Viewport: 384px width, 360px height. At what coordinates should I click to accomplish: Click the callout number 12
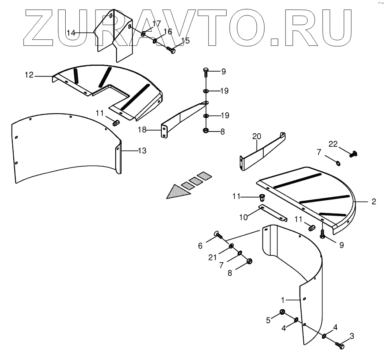[29, 75]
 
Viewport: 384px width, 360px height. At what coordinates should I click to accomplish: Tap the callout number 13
[142, 150]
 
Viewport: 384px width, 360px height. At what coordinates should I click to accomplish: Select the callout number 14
[71, 32]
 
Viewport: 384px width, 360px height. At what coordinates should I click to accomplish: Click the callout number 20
[256, 137]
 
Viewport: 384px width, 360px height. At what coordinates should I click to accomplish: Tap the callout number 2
[373, 201]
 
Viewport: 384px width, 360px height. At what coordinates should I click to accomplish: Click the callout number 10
[243, 217]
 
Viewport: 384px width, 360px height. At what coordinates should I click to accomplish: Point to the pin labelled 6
[217, 234]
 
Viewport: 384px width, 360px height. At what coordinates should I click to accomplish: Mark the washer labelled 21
[230, 246]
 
